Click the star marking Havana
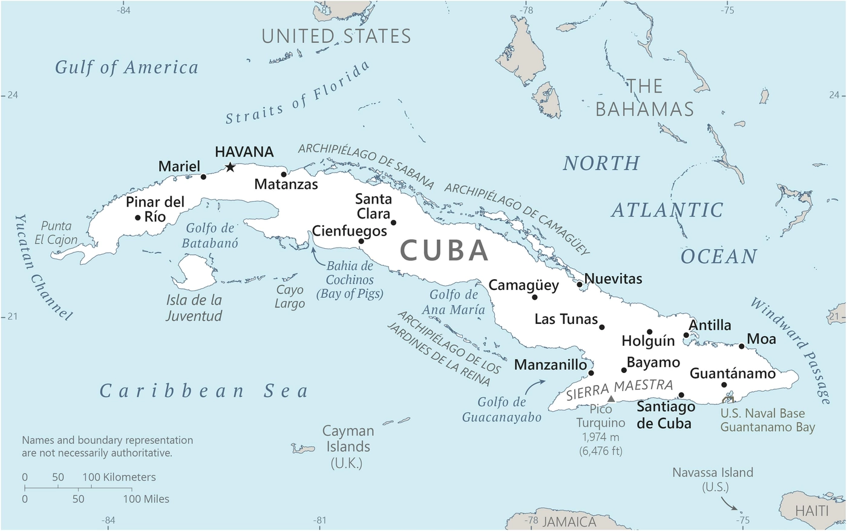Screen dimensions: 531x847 click(230, 167)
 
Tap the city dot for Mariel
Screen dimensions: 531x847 click(203, 177)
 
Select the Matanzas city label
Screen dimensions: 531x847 click(286, 184)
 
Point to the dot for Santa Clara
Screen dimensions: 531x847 click(393, 222)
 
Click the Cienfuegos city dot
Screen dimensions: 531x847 click(361, 241)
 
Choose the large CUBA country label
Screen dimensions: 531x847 click(444, 251)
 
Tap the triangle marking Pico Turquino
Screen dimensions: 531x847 click(611, 398)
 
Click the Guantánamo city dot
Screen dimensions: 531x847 click(724, 384)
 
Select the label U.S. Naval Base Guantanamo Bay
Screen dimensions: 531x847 click(767, 420)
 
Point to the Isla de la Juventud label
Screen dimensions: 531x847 click(194, 308)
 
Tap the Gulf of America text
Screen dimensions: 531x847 click(126, 67)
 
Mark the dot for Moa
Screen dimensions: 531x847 click(742, 346)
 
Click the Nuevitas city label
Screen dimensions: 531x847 click(613, 279)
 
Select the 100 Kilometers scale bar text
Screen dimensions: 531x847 click(119, 477)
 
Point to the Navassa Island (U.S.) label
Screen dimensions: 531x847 click(713, 480)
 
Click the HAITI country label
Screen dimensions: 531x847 click(811, 511)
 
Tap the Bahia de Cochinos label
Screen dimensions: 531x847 click(350, 280)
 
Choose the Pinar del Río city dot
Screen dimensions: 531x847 click(138, 217)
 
